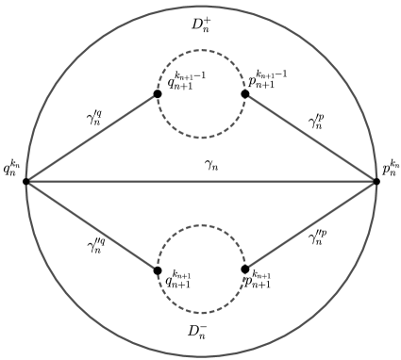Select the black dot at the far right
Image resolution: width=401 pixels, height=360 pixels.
[x=377, y=181]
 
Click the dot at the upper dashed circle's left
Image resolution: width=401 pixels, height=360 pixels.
[x=159, y=93]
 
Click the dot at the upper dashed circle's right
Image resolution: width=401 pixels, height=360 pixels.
[x=245, y=93]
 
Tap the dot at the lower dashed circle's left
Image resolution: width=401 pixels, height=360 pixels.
[x=159, y=269]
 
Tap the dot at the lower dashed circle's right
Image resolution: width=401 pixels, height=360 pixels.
[x=245, y=269]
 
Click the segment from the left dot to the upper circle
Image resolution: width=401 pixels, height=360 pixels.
[x=92, y=138]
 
